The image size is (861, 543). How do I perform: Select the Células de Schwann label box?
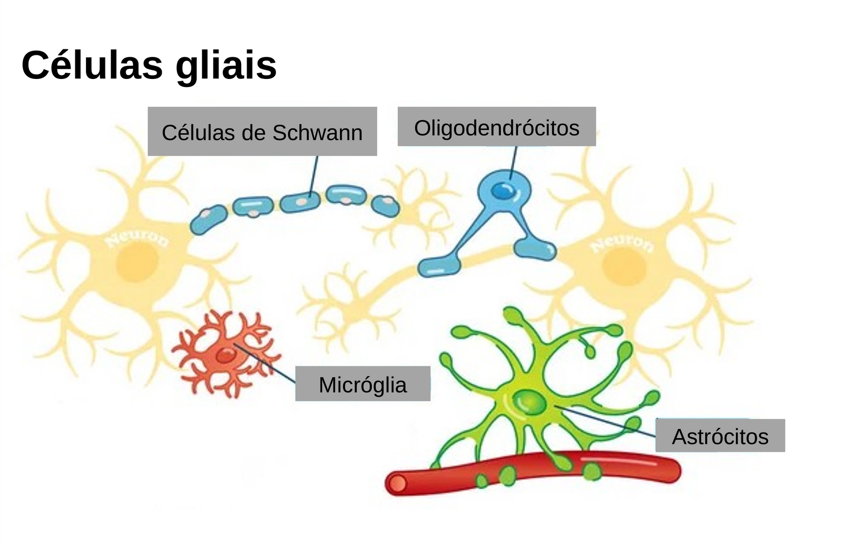(x=262, y=131)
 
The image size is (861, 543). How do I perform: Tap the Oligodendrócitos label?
(x=497, y=127)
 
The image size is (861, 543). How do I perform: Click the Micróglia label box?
(x=363, y=384)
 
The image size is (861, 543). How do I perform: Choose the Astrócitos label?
(x=720, y=435)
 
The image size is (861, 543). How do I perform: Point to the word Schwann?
(x=317, y=133)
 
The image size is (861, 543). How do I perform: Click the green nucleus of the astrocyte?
(x=529, y=402)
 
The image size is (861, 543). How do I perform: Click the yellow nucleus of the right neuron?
(x=624, y=266)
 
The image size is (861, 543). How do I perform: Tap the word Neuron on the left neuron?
(x=137, y=240)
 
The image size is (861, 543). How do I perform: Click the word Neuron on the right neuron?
(x=622, y=244)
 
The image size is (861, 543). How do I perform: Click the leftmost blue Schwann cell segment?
(x=208, y=220)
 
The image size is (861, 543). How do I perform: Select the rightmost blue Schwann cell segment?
(x=385, y=206)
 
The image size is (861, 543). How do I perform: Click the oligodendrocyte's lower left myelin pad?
(x=439, y=267)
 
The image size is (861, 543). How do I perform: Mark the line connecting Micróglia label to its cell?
(x=265, y=364)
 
